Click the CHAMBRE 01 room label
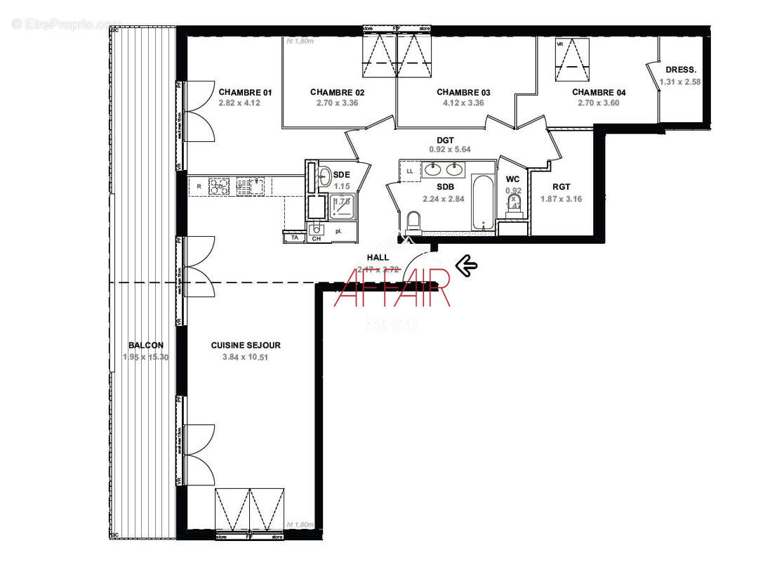point(245,92)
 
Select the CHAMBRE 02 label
point(337,92)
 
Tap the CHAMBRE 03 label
point(463,92)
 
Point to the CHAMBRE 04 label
point(599,92)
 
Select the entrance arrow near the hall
point(466,266)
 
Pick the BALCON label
point(146,345)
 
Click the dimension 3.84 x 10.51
point(246,357)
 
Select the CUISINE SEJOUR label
point(246,345)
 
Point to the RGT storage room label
point(561,187)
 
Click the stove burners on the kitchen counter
point(218,185)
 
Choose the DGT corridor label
point(445,140)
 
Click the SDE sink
point(324,176)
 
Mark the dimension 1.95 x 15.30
point(146,357)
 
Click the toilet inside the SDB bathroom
point(413,222)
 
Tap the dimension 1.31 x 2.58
point(680,81)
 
